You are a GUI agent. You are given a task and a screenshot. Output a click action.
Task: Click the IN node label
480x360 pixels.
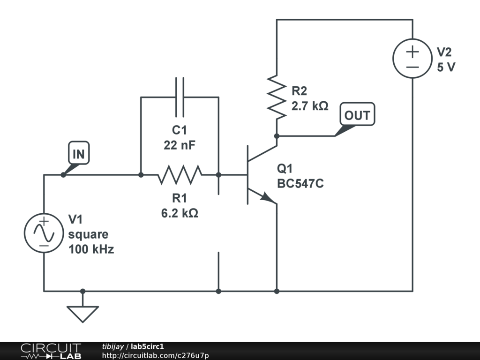coord(79,153)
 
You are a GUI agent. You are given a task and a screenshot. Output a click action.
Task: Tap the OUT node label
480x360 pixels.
coord(357,114)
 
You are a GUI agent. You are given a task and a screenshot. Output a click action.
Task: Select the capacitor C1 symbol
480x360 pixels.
coord(180,97)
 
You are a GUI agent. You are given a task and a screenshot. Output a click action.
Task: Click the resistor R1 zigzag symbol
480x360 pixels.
coord(180,175)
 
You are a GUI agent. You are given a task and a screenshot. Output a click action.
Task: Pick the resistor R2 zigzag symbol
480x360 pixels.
coord(277,97)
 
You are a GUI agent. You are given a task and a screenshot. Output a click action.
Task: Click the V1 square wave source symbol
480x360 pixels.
coord(44,233)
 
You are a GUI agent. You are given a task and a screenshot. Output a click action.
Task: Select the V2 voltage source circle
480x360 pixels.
coord(412,58)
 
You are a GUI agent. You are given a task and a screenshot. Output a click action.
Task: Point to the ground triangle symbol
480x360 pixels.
coord(82,314)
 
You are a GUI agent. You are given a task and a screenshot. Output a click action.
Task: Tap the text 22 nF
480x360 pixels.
coord(180,145)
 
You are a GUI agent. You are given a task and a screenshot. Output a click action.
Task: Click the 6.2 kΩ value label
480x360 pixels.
coord(180,213)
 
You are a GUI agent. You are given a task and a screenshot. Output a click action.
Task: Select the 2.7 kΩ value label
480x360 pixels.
coord(310,106)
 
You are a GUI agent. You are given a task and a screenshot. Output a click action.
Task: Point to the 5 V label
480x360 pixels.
coord(446,67)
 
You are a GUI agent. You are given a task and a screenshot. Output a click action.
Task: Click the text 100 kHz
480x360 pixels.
coord(91,249)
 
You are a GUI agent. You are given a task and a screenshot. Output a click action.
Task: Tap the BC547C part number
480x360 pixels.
coord(300,184)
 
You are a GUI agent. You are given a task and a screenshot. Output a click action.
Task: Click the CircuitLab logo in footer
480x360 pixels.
coord(51,351)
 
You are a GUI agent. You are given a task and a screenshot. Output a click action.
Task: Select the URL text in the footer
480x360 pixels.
coord(156,355)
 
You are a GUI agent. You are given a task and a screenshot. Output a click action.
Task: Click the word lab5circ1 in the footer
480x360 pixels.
coord(147,346)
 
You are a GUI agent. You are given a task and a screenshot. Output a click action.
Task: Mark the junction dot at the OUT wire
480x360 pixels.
coord(277,136)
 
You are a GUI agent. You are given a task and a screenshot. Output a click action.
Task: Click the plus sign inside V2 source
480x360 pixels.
coord(412,52)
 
